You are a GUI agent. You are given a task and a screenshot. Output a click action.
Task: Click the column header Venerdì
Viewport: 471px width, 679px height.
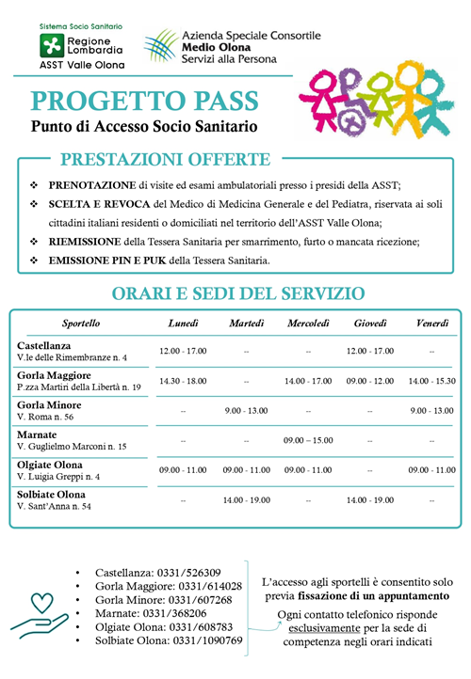(431, 324)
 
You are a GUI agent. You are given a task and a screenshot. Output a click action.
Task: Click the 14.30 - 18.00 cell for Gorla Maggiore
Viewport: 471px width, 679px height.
(183, 381)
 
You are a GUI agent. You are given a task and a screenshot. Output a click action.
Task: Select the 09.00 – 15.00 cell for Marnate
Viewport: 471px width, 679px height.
(307, 440)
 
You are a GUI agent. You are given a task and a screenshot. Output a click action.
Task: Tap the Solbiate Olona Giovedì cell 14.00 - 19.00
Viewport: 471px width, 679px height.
(368, 499)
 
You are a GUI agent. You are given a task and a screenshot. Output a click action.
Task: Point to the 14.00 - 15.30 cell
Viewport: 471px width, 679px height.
(431, 381)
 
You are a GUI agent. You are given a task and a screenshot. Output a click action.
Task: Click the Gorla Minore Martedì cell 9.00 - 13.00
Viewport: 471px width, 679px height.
(245, 410)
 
